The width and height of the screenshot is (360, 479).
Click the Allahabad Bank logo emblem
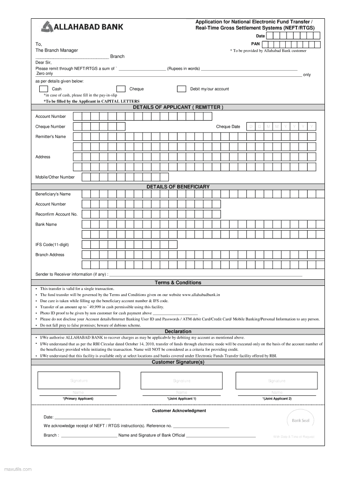48,27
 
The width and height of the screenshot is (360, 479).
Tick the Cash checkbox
43,89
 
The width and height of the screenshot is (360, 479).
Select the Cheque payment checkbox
121,89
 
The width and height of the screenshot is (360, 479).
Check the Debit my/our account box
182,89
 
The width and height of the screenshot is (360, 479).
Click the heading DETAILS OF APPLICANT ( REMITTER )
178,107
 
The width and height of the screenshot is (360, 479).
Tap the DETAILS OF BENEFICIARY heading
178,187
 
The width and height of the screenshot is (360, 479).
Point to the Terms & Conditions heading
178,283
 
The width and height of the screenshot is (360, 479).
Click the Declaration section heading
178,332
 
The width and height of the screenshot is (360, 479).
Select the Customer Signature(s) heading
178,362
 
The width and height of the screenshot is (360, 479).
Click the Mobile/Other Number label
55,177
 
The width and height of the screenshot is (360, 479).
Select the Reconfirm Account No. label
57,214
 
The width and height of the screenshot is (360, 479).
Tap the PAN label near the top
262,44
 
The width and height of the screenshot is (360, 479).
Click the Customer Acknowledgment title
179,411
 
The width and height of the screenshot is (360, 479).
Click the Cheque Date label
228,127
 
